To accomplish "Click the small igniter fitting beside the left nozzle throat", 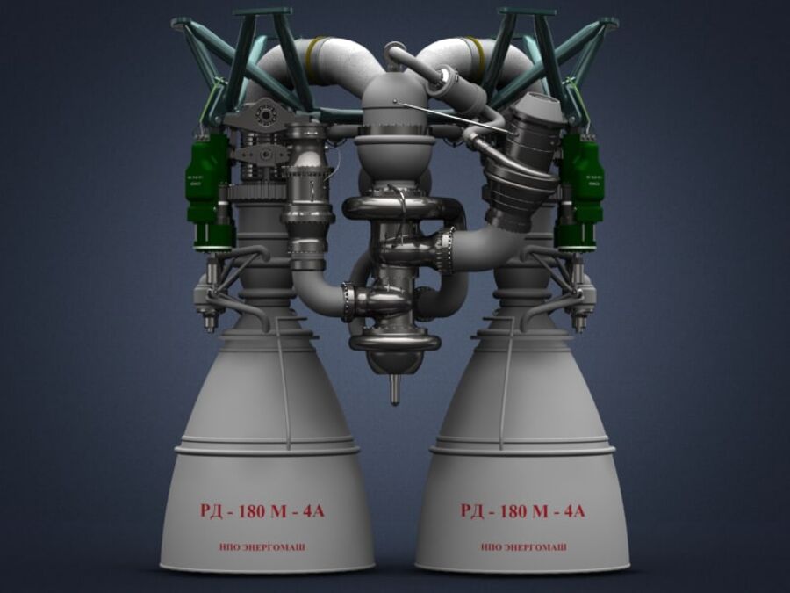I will click(209, 307).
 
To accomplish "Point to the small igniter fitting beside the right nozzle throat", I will click(579, 307).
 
